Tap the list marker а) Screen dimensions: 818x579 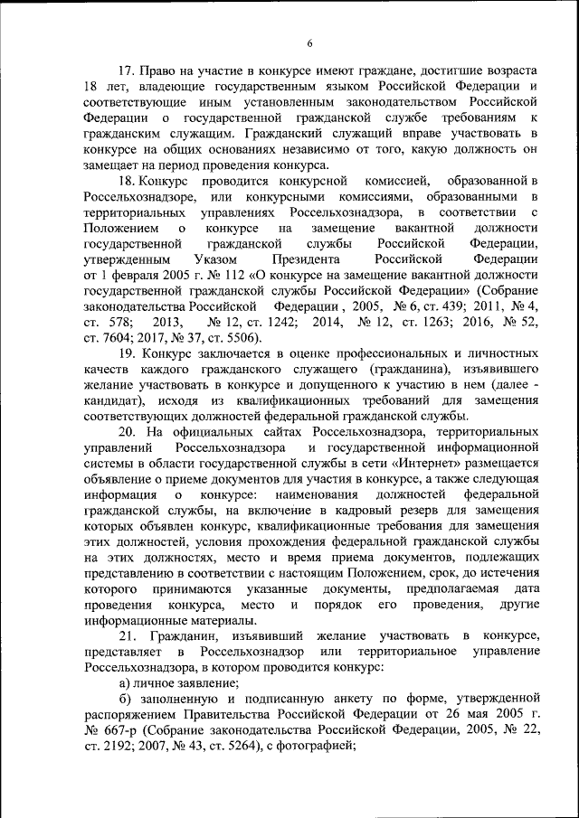click(x=125, y=683)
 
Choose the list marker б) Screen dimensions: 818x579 click(x=125, y=700)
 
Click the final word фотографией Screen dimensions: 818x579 click(x=318, y=747)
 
